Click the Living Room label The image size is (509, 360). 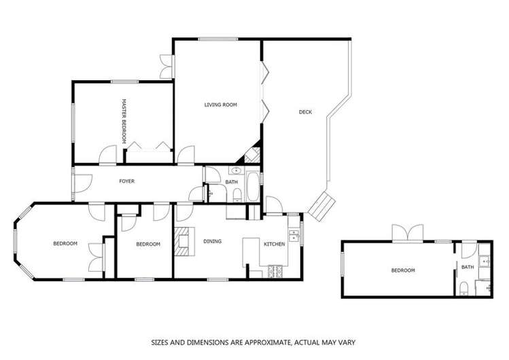coord(220,105)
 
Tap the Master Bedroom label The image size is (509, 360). coord(124,120)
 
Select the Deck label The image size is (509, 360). coord(305,112)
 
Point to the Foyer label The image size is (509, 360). coord(127,181)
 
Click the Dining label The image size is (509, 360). coord(213,240)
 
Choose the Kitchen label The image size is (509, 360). coord(274,244)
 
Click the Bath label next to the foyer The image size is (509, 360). coord(232,182)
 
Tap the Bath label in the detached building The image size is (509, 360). coord(468,267)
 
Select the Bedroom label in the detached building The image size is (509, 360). coord(402,270)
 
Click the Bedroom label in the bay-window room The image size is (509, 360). coord(65,243)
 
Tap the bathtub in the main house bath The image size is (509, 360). coord(252,187)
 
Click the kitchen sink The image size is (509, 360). coord(294,236)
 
